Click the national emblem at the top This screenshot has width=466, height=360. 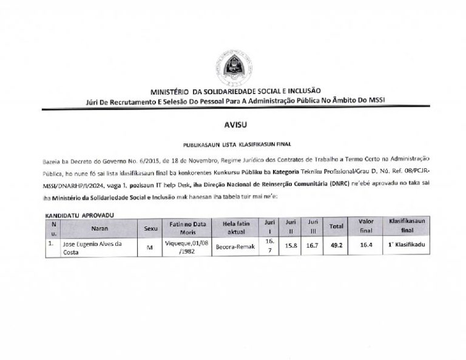[x=232, y=69]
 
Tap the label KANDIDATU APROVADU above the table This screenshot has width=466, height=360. [x=80, y=215]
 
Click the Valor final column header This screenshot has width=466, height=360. [x=366, y=226]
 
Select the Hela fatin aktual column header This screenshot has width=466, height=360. [x=235, y=228]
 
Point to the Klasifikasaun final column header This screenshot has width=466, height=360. [x=407, y=226]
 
